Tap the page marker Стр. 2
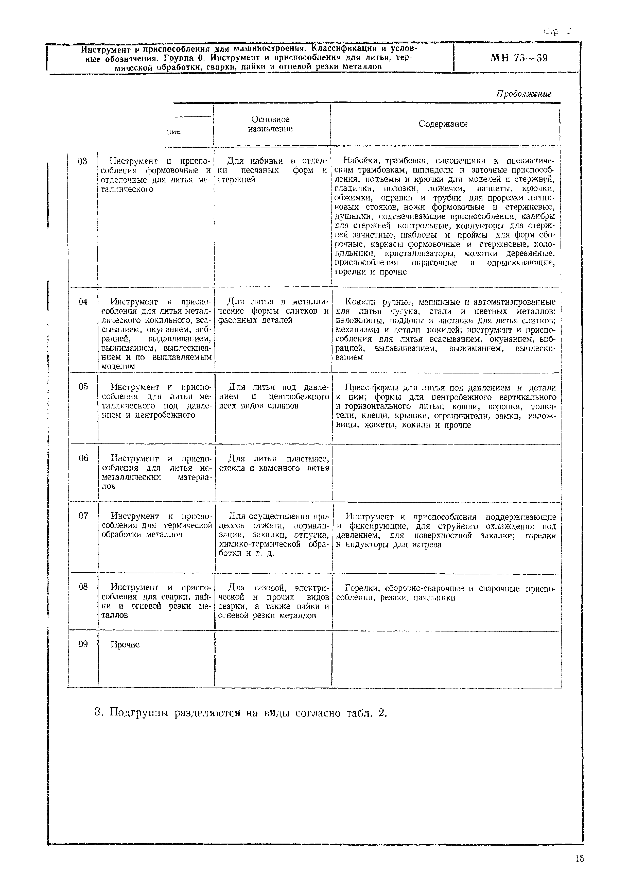557,31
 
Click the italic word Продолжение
523,94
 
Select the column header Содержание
443,124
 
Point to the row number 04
82,302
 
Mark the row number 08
83,587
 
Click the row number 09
83,644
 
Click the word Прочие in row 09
125,645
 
